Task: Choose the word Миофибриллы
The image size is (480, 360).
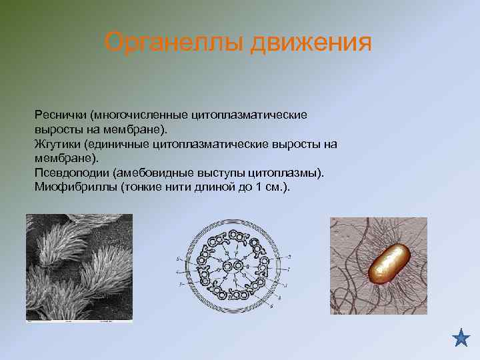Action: [x=75, y=187]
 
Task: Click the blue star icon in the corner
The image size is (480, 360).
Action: [x=461, y=338]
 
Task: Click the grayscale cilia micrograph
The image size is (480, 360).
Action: [x=79, y=268]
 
